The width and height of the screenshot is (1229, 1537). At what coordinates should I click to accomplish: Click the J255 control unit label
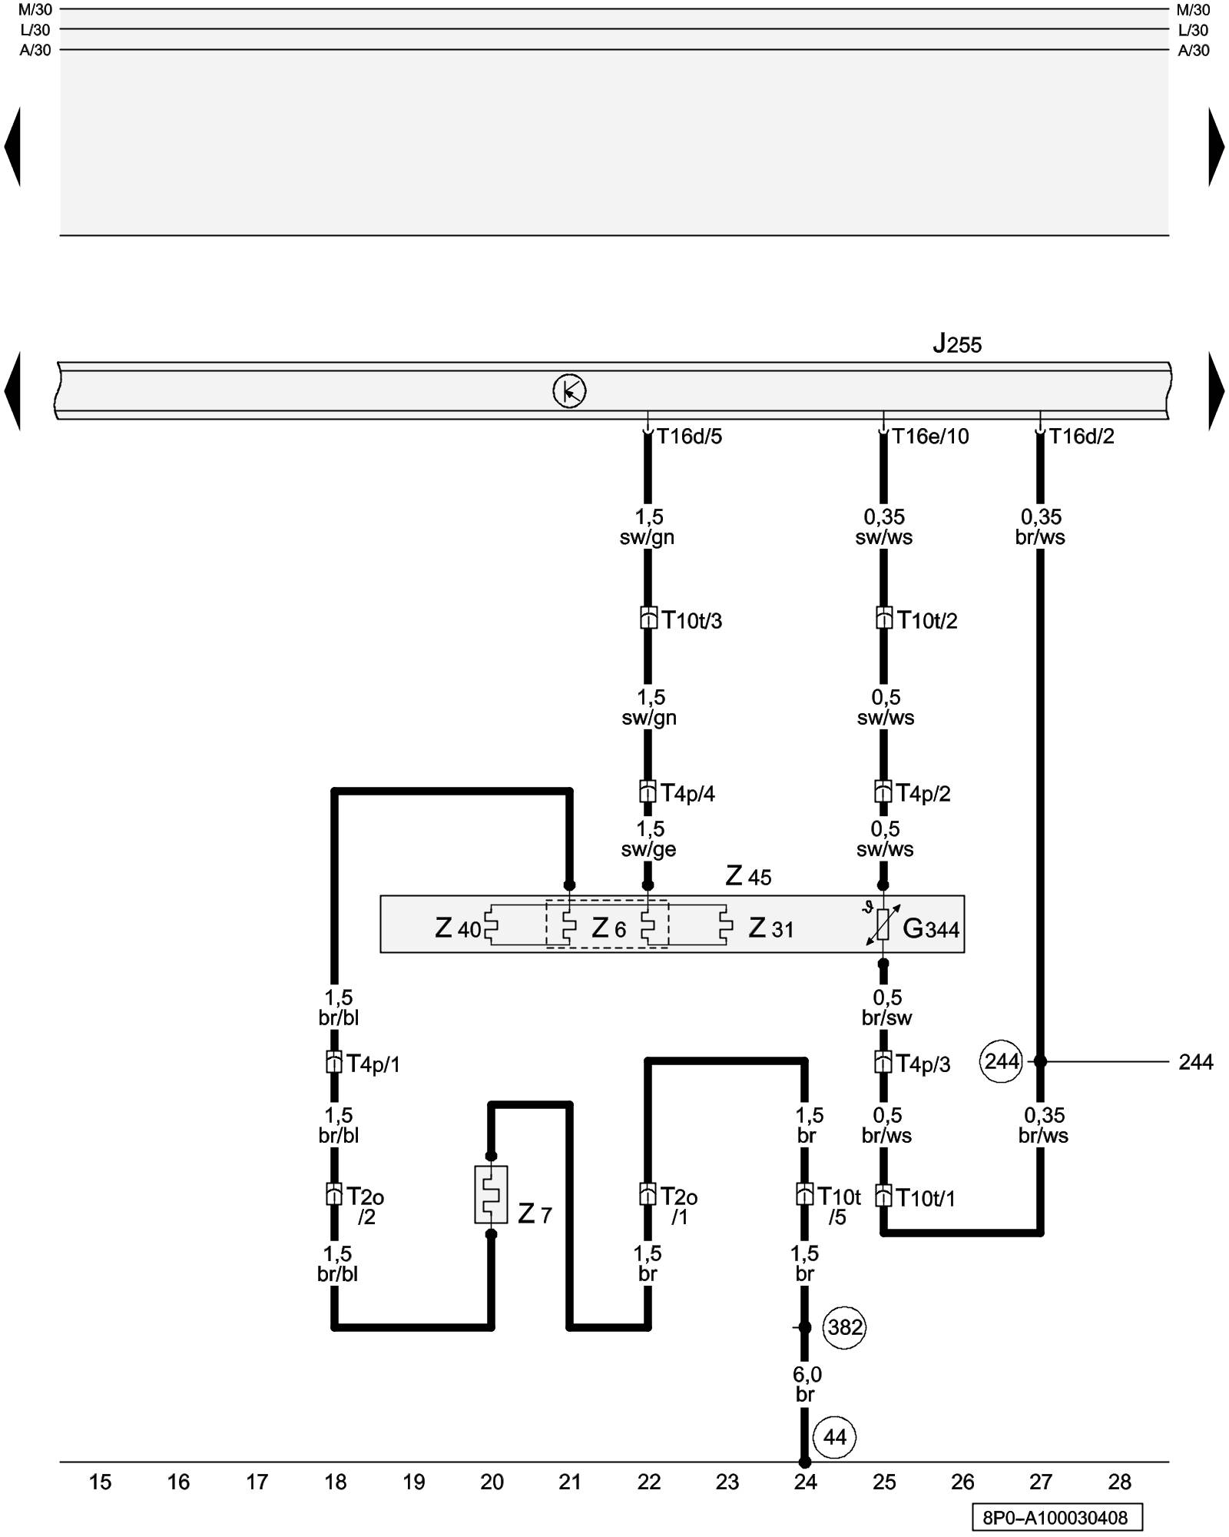(957, 344)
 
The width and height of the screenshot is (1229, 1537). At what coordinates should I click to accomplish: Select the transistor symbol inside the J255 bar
(569, 391)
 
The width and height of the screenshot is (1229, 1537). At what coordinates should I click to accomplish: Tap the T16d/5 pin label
(689, 437)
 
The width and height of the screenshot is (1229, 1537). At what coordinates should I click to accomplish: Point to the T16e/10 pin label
(930, 437)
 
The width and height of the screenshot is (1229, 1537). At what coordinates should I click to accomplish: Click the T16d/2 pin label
(1082, 437)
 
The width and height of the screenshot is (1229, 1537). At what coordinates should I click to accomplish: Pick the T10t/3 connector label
(692, 620)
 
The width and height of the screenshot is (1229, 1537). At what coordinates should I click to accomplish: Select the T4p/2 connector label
(923, 793)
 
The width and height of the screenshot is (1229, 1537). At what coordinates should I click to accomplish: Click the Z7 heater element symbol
(491, 1194)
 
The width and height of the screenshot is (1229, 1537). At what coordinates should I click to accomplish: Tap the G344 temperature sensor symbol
(883, 924)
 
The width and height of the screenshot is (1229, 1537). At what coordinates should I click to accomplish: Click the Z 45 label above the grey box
(748, 876)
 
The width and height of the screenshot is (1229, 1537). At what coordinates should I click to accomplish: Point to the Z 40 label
(458, 928)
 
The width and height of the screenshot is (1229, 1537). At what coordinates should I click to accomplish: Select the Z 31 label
(771, 928)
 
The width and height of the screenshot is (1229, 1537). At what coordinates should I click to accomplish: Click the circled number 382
(845, 1327)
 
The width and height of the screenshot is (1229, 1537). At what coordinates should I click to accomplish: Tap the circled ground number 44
(835, 1437)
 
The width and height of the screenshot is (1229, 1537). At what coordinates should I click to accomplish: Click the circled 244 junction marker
(1002, 1061)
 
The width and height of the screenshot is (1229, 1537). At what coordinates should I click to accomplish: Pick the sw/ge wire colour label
(649, 849)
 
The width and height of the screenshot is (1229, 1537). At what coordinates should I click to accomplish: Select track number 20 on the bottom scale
(492, 1482)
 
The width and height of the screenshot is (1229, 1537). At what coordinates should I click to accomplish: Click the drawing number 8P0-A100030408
(1055, 1518)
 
